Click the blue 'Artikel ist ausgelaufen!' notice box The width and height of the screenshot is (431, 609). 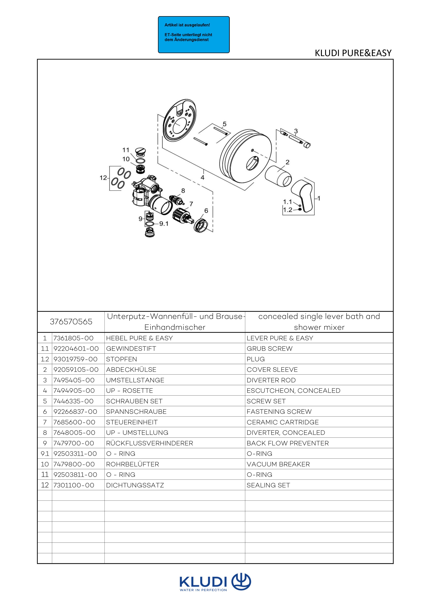point(194,35)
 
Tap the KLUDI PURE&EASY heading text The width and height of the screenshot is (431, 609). point(353,53)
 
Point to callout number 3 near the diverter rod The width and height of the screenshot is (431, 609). point(296,131)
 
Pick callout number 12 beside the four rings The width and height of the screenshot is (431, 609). point(103,178)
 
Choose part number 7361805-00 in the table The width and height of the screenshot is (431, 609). point(74,338)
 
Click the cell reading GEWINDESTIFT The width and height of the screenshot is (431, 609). point(131,349)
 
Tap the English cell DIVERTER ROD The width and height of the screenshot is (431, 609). point(271,380)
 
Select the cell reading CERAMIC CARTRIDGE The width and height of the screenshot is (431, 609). point(283,422)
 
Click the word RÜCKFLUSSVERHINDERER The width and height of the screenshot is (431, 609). point(149,443)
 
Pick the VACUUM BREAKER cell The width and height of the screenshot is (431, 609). point(278,464)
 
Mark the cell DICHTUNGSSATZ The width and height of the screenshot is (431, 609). point(135,485)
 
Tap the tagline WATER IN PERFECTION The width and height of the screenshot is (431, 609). point(203,590)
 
